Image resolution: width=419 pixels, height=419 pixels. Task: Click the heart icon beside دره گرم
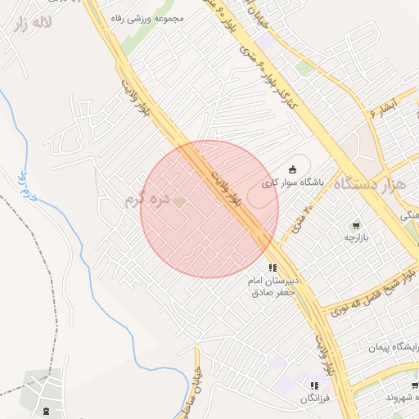(181, 200)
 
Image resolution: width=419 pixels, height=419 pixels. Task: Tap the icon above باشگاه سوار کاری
(293, 169)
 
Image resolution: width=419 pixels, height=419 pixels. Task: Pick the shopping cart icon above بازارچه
(355, 224)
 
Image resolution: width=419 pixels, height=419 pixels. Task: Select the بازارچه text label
(356, 237)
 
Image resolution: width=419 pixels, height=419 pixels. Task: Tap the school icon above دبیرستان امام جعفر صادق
(273, 267)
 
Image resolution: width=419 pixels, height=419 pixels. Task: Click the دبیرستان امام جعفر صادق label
(274, 286)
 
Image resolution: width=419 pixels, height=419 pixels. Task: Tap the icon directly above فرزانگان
(313, 385)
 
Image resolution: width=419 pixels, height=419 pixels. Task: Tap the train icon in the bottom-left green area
(45, 409)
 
